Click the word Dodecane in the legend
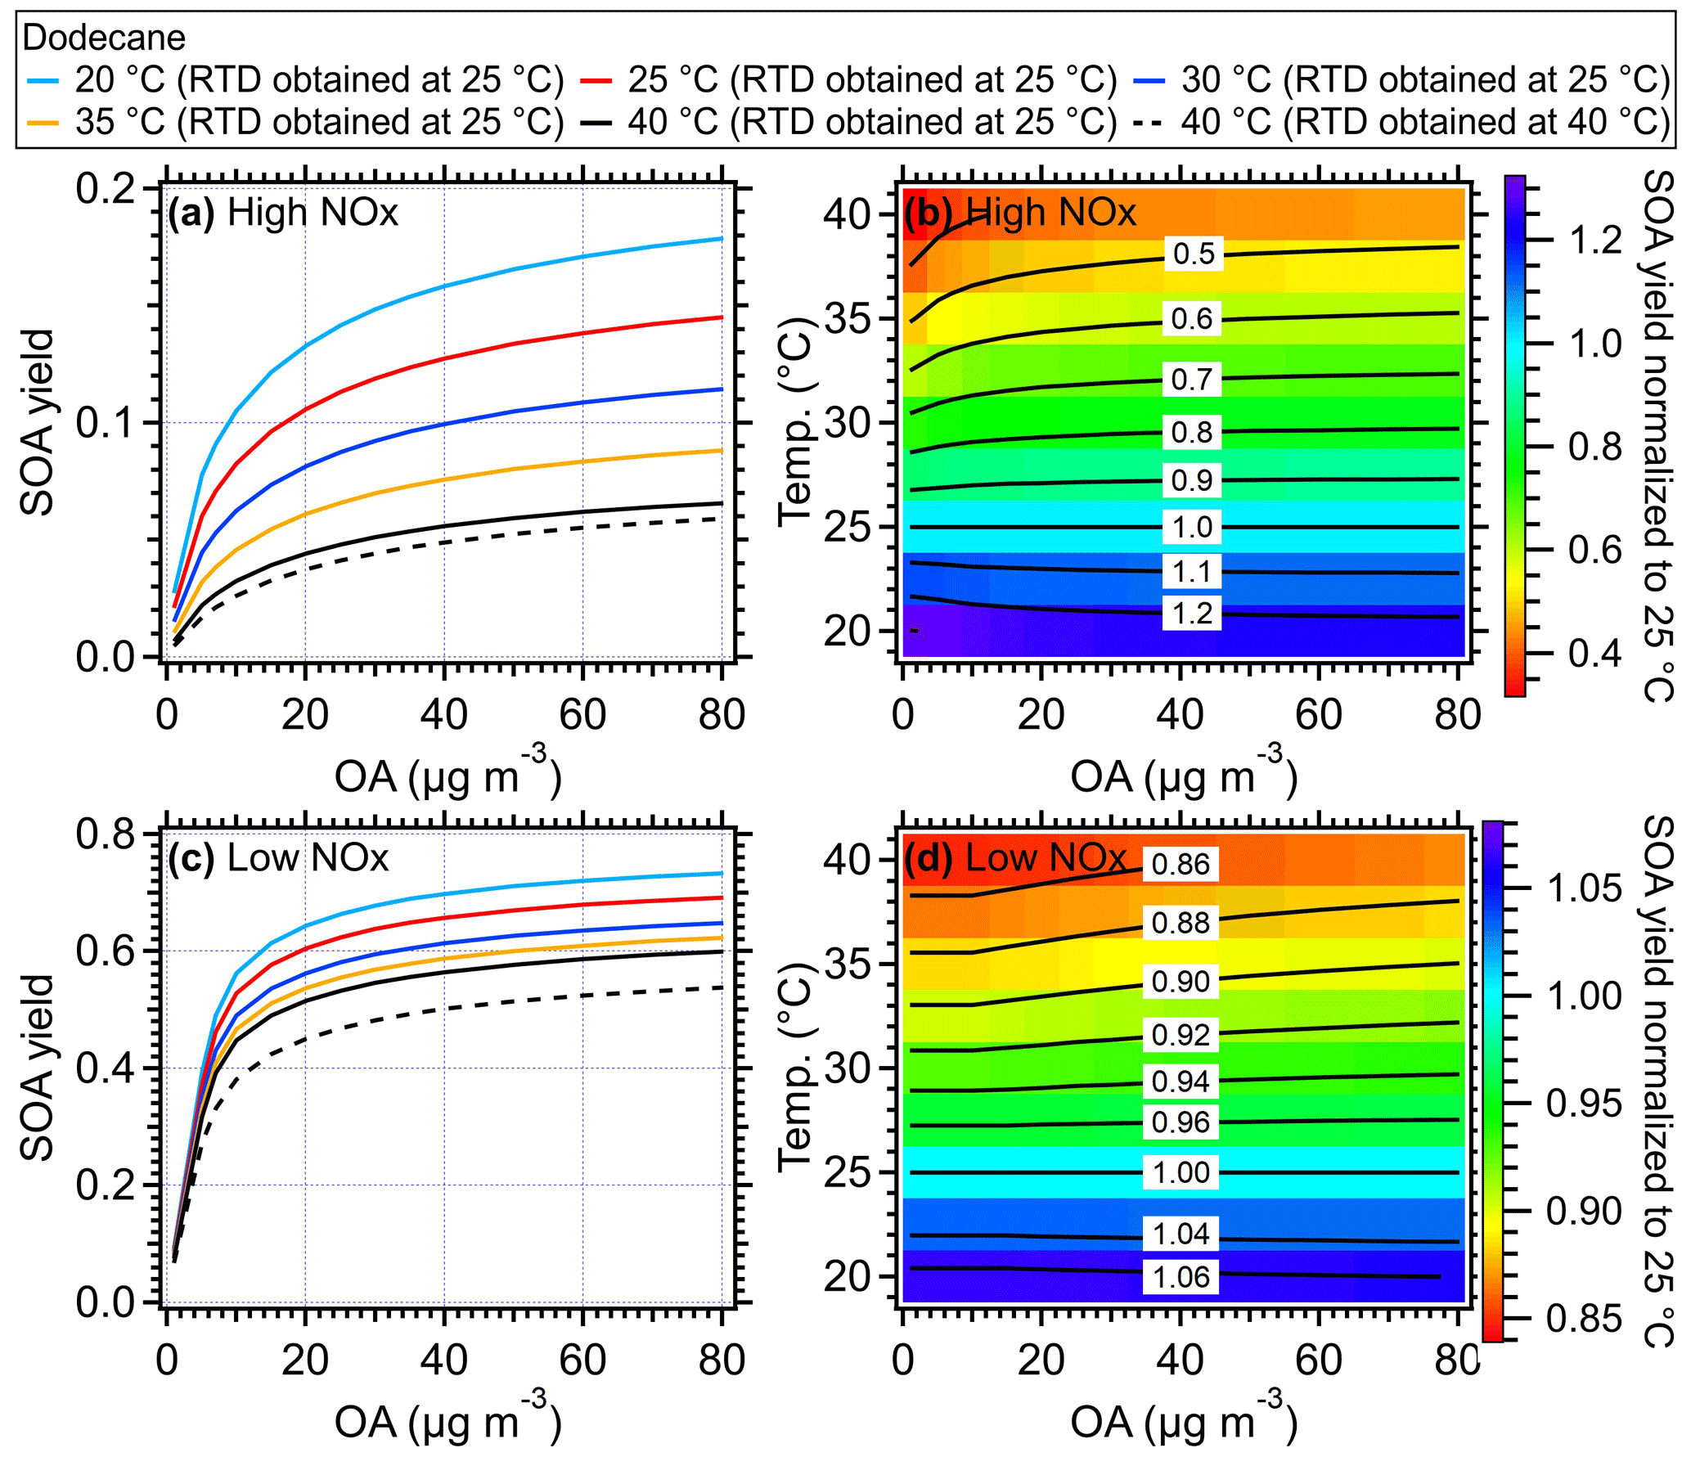pos(104,38)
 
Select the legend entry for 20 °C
pos(295,80)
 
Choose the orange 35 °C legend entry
pos(295,123)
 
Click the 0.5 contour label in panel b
pos(1194,254)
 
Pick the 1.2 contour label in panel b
pos(1192,614)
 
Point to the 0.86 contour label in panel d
pos(1181,864)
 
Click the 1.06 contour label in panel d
pos(1181,1277)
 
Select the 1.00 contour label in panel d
pos(1181,1172)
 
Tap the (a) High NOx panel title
pos(283,213)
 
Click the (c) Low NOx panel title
pos(278,858)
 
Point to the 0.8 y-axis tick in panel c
pos(106,834)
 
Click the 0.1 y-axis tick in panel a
pos(106,423)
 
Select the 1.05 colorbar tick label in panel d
pos(1584,888)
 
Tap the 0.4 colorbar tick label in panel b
pos(1595,654)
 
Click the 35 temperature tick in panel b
pos(848,319)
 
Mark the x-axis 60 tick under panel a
pos(582,714)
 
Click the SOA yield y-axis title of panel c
pos(38,1068)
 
